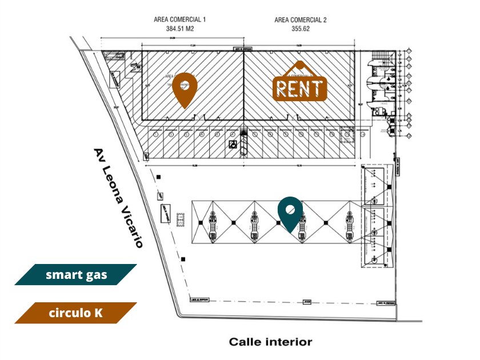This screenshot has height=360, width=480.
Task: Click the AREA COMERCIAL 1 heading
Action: point(179,19)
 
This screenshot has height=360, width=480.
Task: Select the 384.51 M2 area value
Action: point(179,28)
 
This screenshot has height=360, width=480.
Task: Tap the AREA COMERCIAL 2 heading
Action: point(300,20)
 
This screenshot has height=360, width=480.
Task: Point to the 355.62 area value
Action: point(300,28)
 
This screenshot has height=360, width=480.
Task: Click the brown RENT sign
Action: point(300,87)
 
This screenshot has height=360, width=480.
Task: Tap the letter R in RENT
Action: point(282,89)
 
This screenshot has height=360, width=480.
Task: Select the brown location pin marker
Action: point(185,89)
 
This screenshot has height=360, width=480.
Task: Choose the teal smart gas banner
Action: point(76,275)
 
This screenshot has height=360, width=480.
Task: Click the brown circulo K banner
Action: point(76,313)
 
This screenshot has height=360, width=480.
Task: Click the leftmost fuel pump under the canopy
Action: point(213,226)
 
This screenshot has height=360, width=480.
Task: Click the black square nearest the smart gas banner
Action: point(183,260)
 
